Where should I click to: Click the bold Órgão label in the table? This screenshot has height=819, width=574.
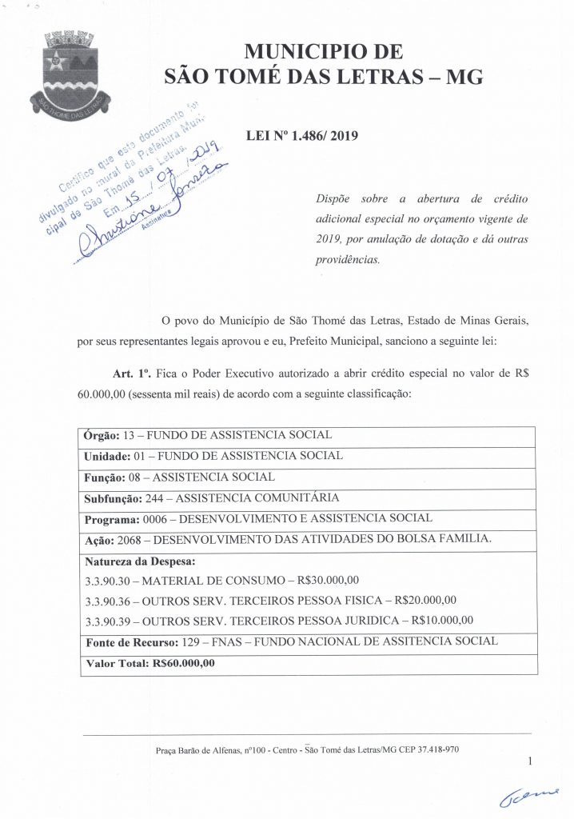coord(102,436)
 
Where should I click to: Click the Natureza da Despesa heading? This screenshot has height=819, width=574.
coord(140,560)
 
